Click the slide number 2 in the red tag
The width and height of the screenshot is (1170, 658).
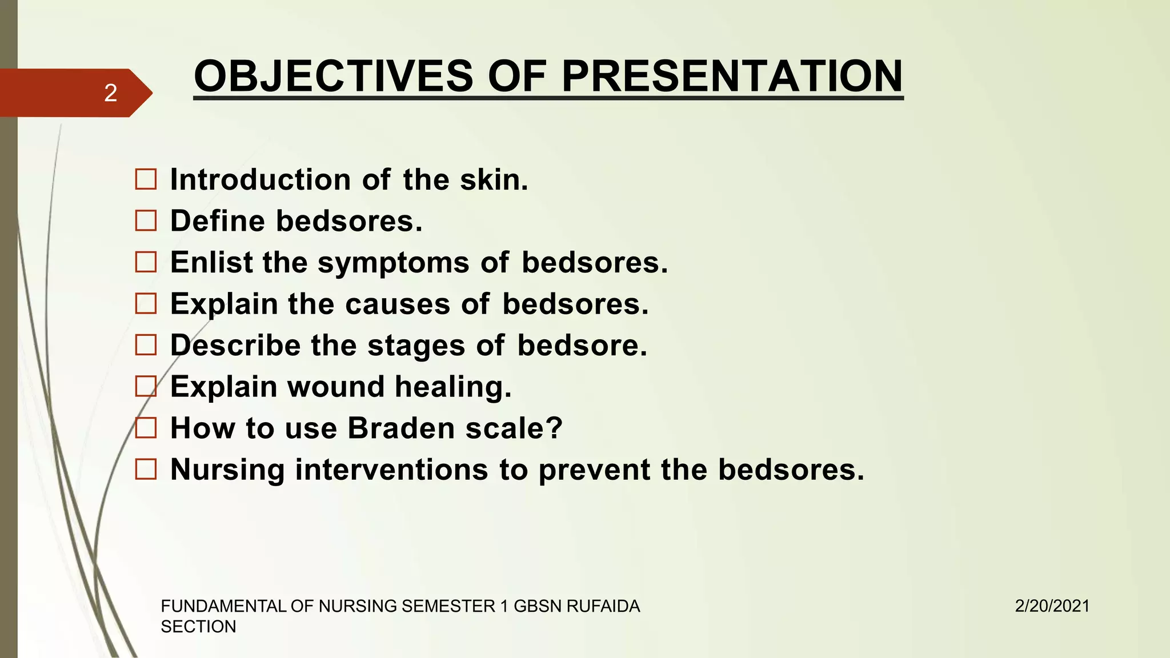coord(111,93)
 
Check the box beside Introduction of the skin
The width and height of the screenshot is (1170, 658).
coord(146,179)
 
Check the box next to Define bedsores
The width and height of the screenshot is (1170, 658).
coord(146,221)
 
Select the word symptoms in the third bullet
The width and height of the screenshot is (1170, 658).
coord(393,263)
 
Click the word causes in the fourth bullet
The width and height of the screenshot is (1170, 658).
coord(398,304)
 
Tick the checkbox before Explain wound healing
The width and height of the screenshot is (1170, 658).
coord(146,387)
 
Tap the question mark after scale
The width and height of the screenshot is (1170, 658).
coord(554,428)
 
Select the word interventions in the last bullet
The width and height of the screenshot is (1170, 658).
coord(392,470)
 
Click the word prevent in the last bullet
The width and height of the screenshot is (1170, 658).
coord(594,470)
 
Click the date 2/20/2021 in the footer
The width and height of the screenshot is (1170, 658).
coord(1052,606)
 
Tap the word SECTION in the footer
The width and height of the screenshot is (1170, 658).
coord(198,627)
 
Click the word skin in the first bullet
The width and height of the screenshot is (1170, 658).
coord(494,179)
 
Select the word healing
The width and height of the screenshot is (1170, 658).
coord(453,387)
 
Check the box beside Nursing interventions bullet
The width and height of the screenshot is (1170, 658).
coord(146,470)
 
